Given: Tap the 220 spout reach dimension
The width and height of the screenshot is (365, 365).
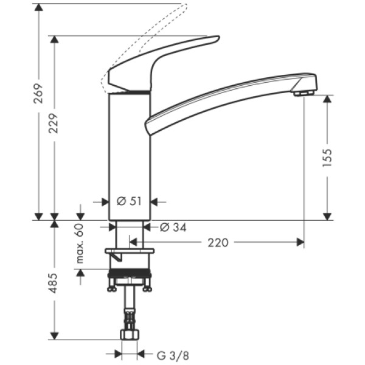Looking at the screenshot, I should (x=218, y=243).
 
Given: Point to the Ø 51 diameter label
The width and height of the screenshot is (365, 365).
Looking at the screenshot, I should (x=128, y=201).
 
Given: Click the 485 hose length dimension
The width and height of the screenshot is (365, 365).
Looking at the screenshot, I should (x=55, y=282).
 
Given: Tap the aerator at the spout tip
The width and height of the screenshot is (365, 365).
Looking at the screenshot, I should (x=302, y=93).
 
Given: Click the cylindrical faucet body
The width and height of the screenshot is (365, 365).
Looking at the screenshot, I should (x=129, y=155).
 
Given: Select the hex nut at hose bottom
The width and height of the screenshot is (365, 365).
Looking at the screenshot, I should (x=130, y=335).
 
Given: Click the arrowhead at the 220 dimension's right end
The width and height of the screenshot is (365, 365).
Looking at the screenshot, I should (x=300, y=243).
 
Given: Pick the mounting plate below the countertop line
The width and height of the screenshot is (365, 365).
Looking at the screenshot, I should (x=130, y=251).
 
